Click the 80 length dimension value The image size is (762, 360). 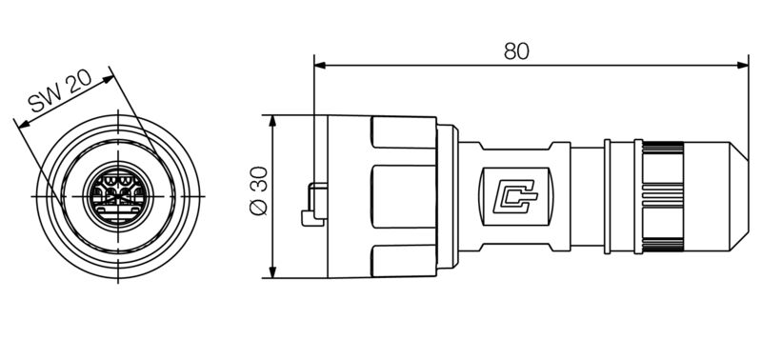[x=516, y=51]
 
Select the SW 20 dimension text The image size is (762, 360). [x=59, y=95]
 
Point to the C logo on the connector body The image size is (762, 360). [x=515, y=197]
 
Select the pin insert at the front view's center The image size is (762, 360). [x=116, y=195]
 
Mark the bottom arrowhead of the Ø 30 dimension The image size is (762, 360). [x=273, y=273]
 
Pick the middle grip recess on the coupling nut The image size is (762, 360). [x=402, y=197]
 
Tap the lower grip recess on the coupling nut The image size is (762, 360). [x=402, y=259]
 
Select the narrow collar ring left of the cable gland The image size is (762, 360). [x=607, y=197]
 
